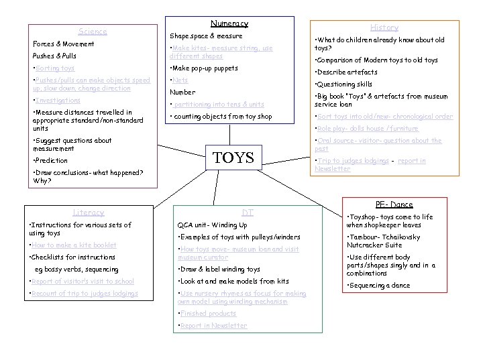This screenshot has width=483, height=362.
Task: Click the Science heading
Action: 93,32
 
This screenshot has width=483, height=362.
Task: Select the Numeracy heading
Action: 229,23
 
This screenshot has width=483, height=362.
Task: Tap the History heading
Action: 384,27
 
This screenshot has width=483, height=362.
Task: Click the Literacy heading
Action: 89,213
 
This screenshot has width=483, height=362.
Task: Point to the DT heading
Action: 248,213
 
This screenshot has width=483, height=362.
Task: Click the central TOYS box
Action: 233,158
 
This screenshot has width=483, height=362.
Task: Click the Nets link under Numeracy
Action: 180,80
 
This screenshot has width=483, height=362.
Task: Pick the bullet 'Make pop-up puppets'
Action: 204,68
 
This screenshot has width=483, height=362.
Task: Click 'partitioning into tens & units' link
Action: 218,105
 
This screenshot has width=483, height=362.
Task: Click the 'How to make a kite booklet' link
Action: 74,245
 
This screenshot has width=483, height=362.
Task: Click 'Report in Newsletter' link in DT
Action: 213,326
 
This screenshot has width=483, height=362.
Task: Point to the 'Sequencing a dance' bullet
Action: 379,286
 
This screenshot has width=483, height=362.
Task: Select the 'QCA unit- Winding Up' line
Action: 212,225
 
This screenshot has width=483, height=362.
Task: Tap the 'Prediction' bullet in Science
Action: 51,161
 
